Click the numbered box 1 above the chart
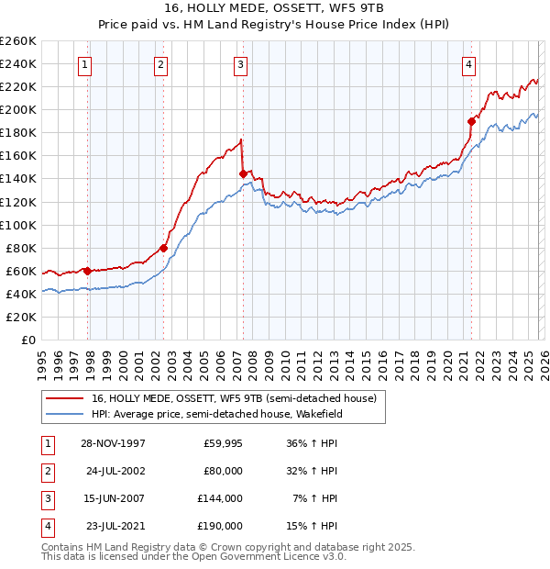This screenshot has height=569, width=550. tap(84, 64)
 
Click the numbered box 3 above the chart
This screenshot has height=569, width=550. tap(240, 64)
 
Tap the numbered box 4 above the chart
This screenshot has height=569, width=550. tap(468, 64)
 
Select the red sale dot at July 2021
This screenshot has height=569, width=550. tap(471, 120)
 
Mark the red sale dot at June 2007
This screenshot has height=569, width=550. tap(243, 173)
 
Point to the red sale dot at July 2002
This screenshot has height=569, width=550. tap(164, 247)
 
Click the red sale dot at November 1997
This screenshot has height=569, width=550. tap(88, 271)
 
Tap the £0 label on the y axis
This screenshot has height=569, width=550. tap(27, 340)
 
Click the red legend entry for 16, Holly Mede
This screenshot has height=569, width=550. tap(234, 398)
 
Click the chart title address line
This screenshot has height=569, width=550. tap(275, 7)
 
